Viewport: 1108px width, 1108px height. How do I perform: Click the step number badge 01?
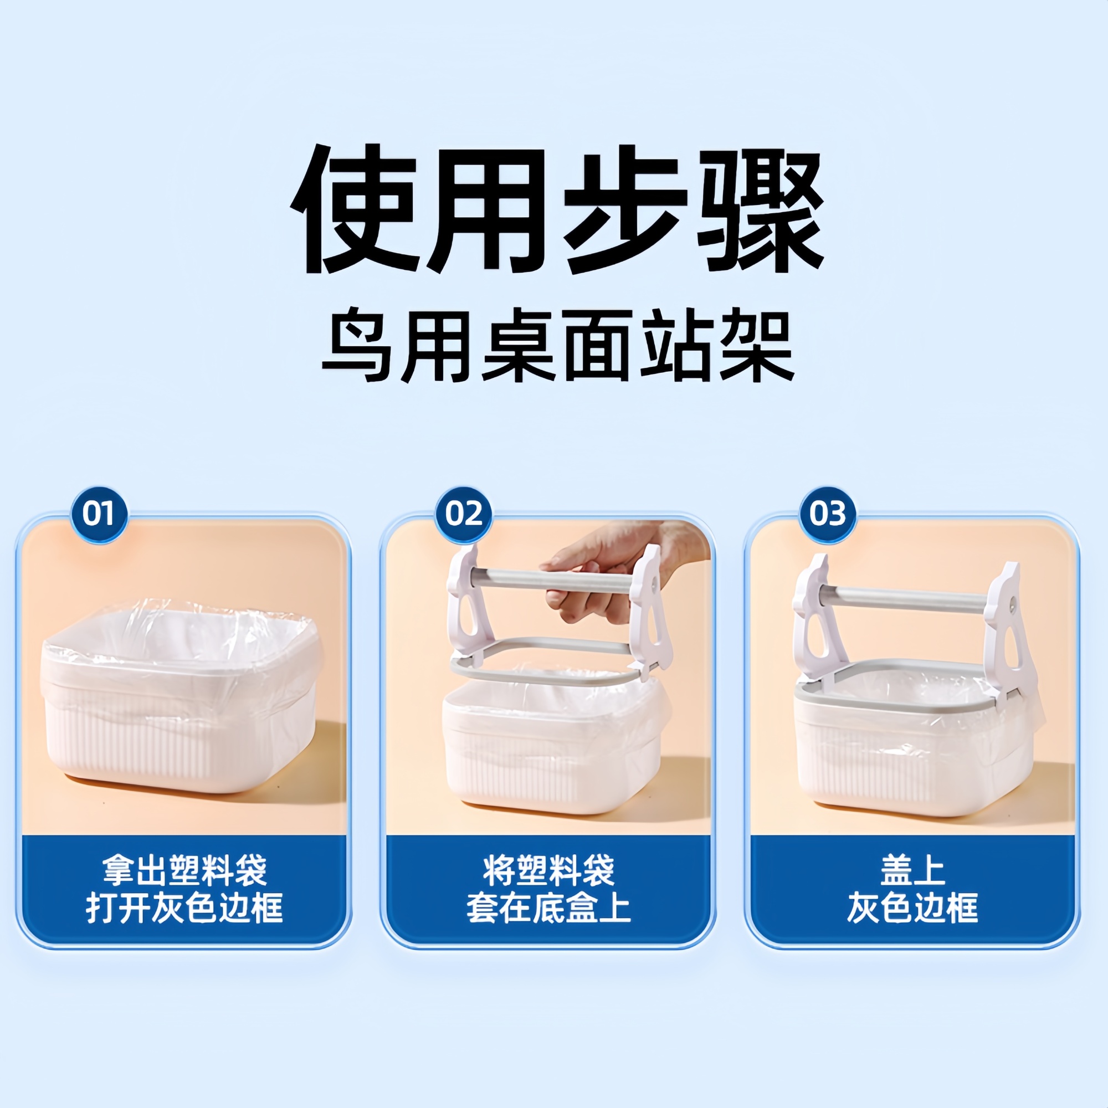pos(99,514)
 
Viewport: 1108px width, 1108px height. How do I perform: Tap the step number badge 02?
pos(463,514)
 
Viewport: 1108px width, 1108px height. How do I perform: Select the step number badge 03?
pos(828,514)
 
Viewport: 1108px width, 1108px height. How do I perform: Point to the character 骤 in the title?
pos(760,210)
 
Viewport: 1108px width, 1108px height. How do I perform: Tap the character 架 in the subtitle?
pos(757,345)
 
